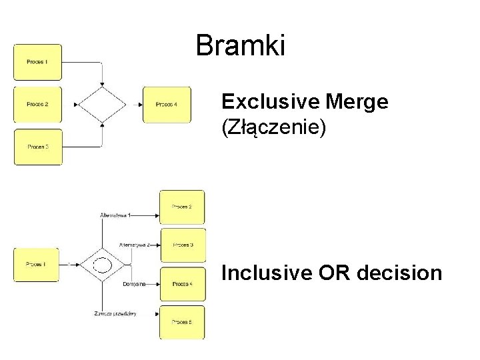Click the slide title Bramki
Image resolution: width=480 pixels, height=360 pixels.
241,46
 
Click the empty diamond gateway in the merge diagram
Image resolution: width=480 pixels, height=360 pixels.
102,104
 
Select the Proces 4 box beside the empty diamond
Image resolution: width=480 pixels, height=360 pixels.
167,104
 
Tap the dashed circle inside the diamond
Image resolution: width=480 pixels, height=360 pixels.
102,265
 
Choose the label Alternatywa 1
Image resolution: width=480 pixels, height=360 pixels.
115,215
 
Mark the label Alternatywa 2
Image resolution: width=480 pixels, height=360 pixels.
134,245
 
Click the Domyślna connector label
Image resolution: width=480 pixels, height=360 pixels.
134,284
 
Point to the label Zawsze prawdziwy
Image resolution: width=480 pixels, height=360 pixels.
115,313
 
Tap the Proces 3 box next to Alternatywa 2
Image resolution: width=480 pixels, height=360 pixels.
183,245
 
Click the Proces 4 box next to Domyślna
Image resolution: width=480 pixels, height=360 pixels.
183,284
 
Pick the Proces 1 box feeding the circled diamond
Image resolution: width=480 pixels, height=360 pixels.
37,265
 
